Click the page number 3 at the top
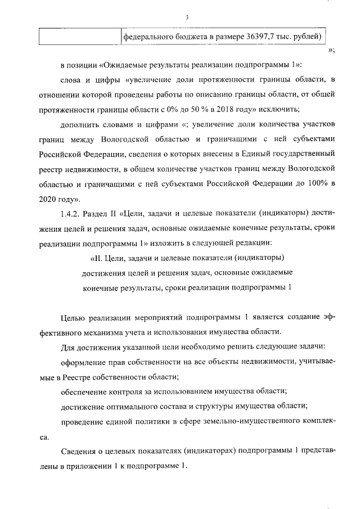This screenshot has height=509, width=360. pos(186,17)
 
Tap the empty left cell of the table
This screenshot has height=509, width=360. pos(80,37)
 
